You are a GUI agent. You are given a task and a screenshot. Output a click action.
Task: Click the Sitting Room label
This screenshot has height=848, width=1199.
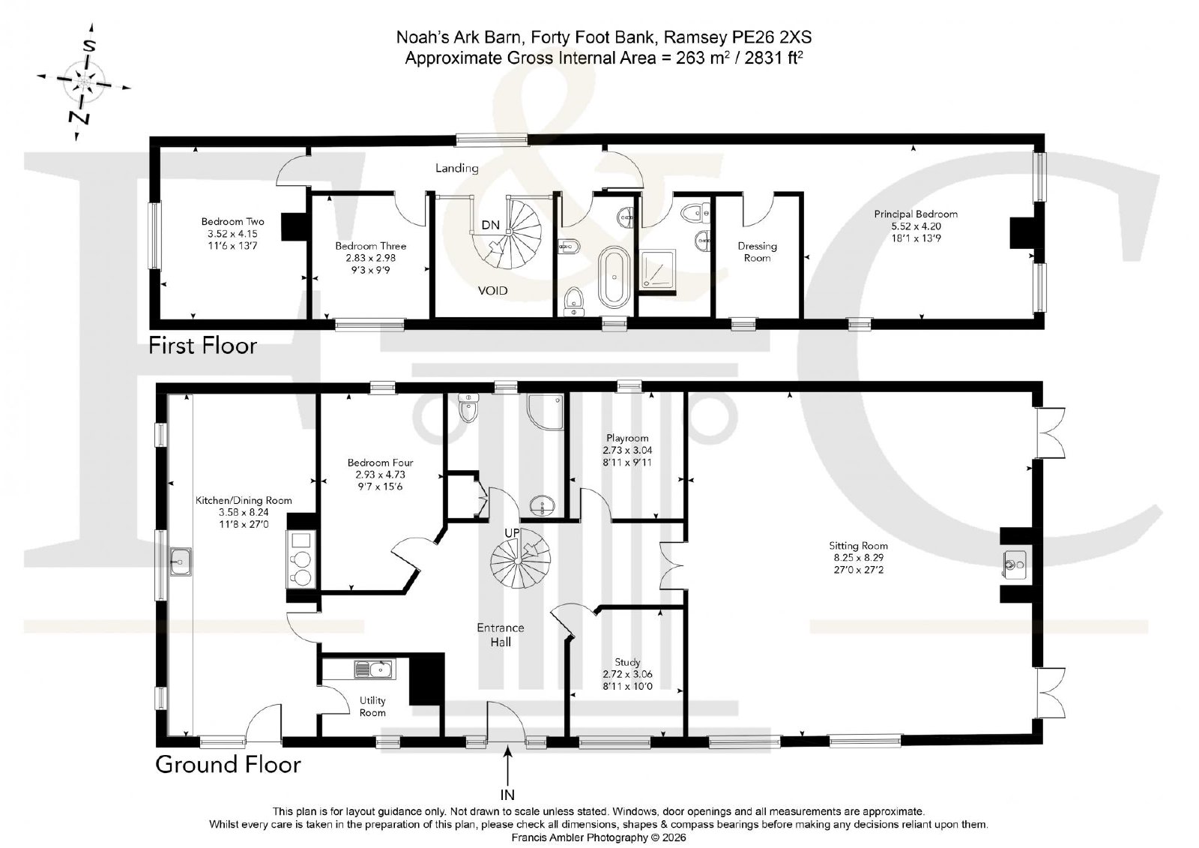coord(858,546)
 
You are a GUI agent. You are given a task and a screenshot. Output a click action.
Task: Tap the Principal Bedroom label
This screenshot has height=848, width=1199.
coord(916,214)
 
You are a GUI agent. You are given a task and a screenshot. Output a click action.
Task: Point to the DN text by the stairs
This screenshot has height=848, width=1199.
coord(490,225)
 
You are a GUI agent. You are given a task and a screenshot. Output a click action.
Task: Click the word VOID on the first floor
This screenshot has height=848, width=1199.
coord(492,291)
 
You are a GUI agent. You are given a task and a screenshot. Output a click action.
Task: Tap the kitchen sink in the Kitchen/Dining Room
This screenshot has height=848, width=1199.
coord(181,562)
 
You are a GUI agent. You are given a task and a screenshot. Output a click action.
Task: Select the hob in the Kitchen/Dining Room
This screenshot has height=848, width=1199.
coord(300,559)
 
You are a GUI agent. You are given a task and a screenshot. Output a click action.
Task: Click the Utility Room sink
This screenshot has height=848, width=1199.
coord(374,670)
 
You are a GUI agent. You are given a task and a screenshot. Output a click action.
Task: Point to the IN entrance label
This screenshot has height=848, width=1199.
coord(507,795)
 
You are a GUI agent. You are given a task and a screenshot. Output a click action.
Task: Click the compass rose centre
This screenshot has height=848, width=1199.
coord(84,82)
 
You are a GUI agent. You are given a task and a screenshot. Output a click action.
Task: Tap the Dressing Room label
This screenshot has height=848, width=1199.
coord(757,252)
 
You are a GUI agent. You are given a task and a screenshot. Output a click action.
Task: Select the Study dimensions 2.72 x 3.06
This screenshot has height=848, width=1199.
coord(627,674)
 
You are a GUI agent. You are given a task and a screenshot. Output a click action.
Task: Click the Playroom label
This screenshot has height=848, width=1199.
coord(627,438)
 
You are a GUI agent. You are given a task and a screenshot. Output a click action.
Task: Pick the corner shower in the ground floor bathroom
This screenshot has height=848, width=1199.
coord(545,412)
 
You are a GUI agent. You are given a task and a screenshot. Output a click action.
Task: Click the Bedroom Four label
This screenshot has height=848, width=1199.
coord(380,463)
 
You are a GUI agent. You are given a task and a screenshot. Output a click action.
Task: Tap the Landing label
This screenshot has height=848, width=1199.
coord(456,168)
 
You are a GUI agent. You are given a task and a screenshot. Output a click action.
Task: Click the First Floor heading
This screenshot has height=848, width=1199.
coord(202,346)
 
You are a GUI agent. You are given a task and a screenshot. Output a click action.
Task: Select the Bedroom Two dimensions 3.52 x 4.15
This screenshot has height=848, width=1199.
coord(232,234)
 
